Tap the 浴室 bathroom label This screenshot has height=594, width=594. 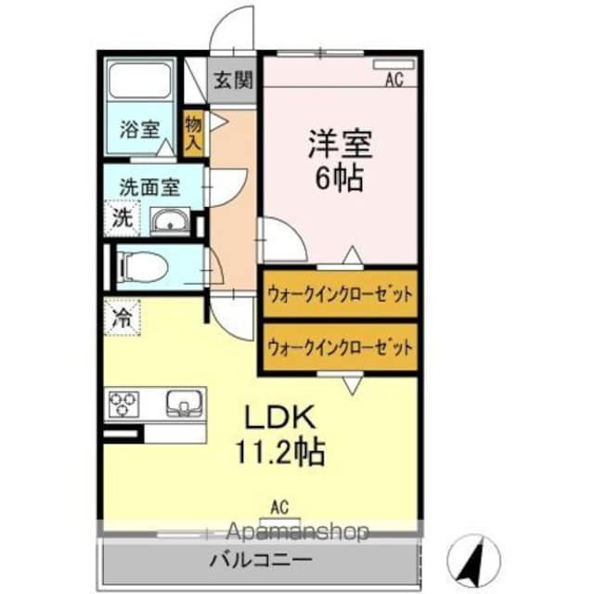tap(139, 130)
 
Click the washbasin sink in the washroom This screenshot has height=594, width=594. tap(169, 223)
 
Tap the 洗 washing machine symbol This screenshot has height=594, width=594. tap(123, 220)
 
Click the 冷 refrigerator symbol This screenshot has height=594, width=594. tap(122, 316)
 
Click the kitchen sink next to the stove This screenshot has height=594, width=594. tap(182, 404)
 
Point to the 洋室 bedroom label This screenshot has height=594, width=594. tap(340, 145)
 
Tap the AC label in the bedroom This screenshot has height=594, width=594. tap(394, 80)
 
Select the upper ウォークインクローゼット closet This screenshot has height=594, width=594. tap(339, 295)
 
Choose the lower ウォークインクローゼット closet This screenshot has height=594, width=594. tap(339, 348)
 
